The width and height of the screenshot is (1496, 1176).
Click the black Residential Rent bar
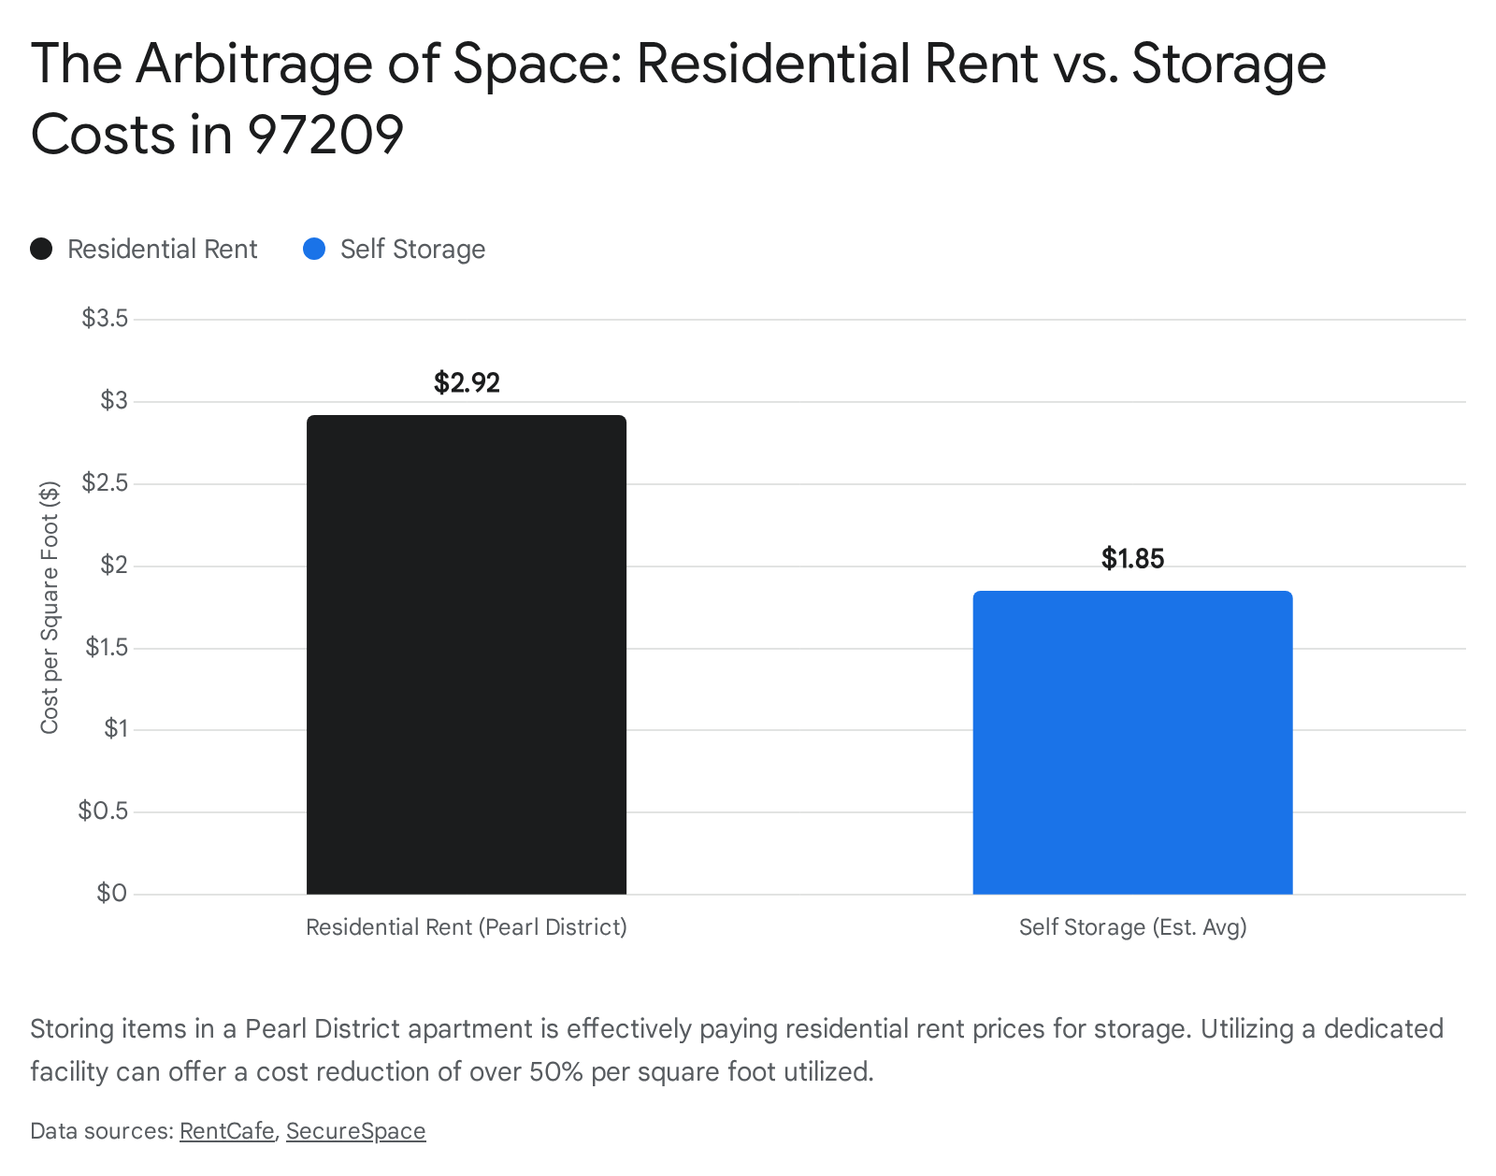pos(467,654)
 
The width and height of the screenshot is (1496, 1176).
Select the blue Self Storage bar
pos(1132,742)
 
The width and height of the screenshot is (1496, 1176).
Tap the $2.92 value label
pos(467,382)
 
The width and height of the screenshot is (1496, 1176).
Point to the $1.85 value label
pos(1132,558)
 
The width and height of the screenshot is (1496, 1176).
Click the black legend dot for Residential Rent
pos(41,250)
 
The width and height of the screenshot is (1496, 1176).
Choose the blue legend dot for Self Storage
pos(314,250)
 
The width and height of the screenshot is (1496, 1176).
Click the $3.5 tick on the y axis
pos(105,319)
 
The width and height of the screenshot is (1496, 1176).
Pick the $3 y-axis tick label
pos(113,401)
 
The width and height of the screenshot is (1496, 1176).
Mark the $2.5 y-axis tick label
pos(105,483)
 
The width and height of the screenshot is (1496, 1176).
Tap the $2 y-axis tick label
pos(113,565)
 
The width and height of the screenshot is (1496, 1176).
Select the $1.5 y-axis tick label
pos(106,647)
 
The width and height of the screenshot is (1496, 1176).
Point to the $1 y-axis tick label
pos(115,729)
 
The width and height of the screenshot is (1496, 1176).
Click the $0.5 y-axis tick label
pos(103,810)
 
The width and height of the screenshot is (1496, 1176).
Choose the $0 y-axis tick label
pos(111,893)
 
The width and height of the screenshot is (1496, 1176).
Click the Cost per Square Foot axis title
pos(50,608)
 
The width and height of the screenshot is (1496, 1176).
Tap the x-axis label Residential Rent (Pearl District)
pos(467,927)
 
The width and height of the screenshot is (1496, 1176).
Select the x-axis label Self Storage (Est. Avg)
pos(1132,927)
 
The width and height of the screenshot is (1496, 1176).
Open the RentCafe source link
pos(226,1131)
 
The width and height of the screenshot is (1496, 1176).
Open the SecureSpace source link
pos(355,1131)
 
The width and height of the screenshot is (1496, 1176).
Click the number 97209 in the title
pos(325,135)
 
